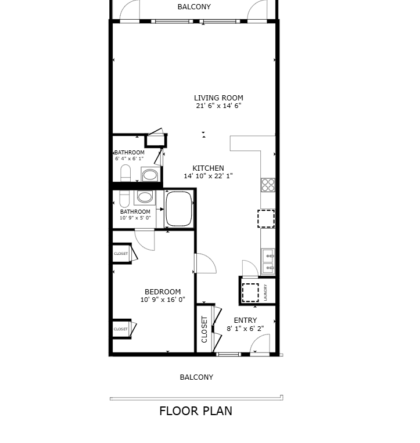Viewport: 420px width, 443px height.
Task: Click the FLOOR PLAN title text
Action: [x=196, y=411]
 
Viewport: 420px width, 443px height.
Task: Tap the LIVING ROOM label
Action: [x=218, y=98]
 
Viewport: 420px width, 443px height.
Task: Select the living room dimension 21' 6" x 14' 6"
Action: [x=218, y=106]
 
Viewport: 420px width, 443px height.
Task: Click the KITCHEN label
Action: [x=208, y=168]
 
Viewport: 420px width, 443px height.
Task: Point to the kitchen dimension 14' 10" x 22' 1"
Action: [x=208, y=176]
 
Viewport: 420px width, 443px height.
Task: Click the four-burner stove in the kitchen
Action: [x=268, y=185]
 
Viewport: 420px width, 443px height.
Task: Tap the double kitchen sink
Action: [x=268, y=261]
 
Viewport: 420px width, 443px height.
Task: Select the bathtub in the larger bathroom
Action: [x=178, y=208]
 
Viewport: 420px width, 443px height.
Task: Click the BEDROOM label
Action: [x=163, y=291]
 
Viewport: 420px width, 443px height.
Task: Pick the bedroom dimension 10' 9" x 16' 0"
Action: [x=163, y=300]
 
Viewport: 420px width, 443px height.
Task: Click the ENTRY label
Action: [x=245, y=320]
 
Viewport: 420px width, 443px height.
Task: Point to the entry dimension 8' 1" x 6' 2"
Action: [x=245, y=328]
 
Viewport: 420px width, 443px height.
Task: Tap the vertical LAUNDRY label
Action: [x=265, y=293]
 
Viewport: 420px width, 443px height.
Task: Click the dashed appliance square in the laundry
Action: [x=250, y=293]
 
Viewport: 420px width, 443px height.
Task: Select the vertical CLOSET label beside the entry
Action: [x=204, y=329]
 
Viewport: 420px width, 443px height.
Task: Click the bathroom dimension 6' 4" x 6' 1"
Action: [x=129, y=159]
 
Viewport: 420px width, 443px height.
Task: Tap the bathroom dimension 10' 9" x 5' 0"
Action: [x=135, y=218]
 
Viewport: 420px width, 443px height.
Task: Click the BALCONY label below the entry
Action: [x=196, y=377]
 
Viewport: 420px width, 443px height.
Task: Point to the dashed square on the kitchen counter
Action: [x=266, y=218]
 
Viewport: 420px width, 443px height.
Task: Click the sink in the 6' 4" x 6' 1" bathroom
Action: [x=150, y=175]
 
